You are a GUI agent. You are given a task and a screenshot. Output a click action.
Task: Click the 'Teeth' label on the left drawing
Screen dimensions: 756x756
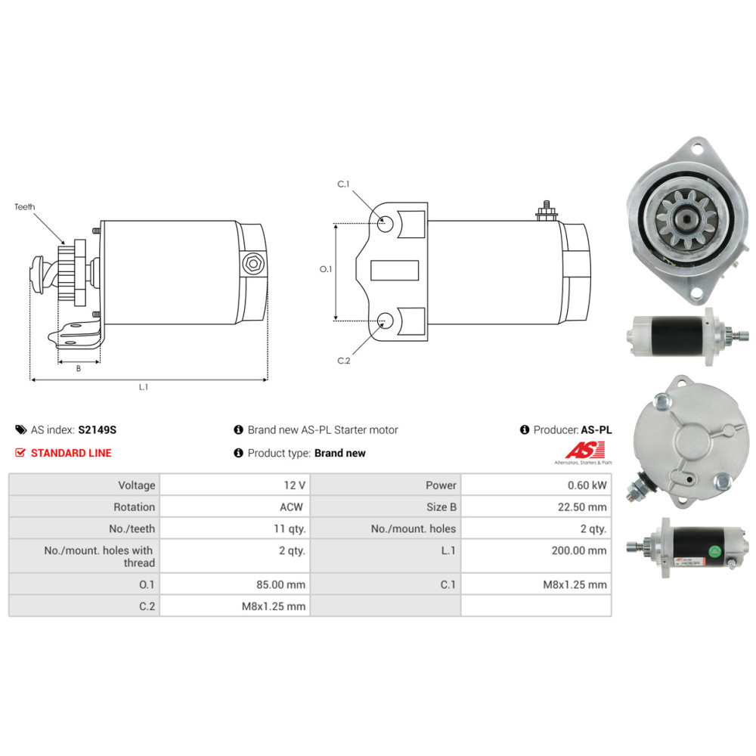coord(25,207)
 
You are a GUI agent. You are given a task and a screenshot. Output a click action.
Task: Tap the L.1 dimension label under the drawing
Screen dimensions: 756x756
coord(143,386)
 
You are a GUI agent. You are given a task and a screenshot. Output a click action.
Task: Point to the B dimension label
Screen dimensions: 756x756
coord(79,368)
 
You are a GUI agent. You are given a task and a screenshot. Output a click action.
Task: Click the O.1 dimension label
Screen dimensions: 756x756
coord(326,269)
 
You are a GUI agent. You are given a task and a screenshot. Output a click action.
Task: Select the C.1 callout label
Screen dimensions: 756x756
coord(343,184)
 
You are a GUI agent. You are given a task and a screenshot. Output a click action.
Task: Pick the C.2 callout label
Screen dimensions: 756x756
coord(344,361)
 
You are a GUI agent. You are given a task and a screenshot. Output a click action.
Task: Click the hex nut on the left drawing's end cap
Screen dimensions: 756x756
coord(253,264)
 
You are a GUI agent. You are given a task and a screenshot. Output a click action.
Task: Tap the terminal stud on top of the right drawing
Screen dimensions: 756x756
coord(547,211)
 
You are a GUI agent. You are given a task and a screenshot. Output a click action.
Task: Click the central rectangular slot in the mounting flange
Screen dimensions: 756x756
coord(395,270)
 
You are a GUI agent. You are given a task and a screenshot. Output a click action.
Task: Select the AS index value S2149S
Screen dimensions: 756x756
coord(98,429)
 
